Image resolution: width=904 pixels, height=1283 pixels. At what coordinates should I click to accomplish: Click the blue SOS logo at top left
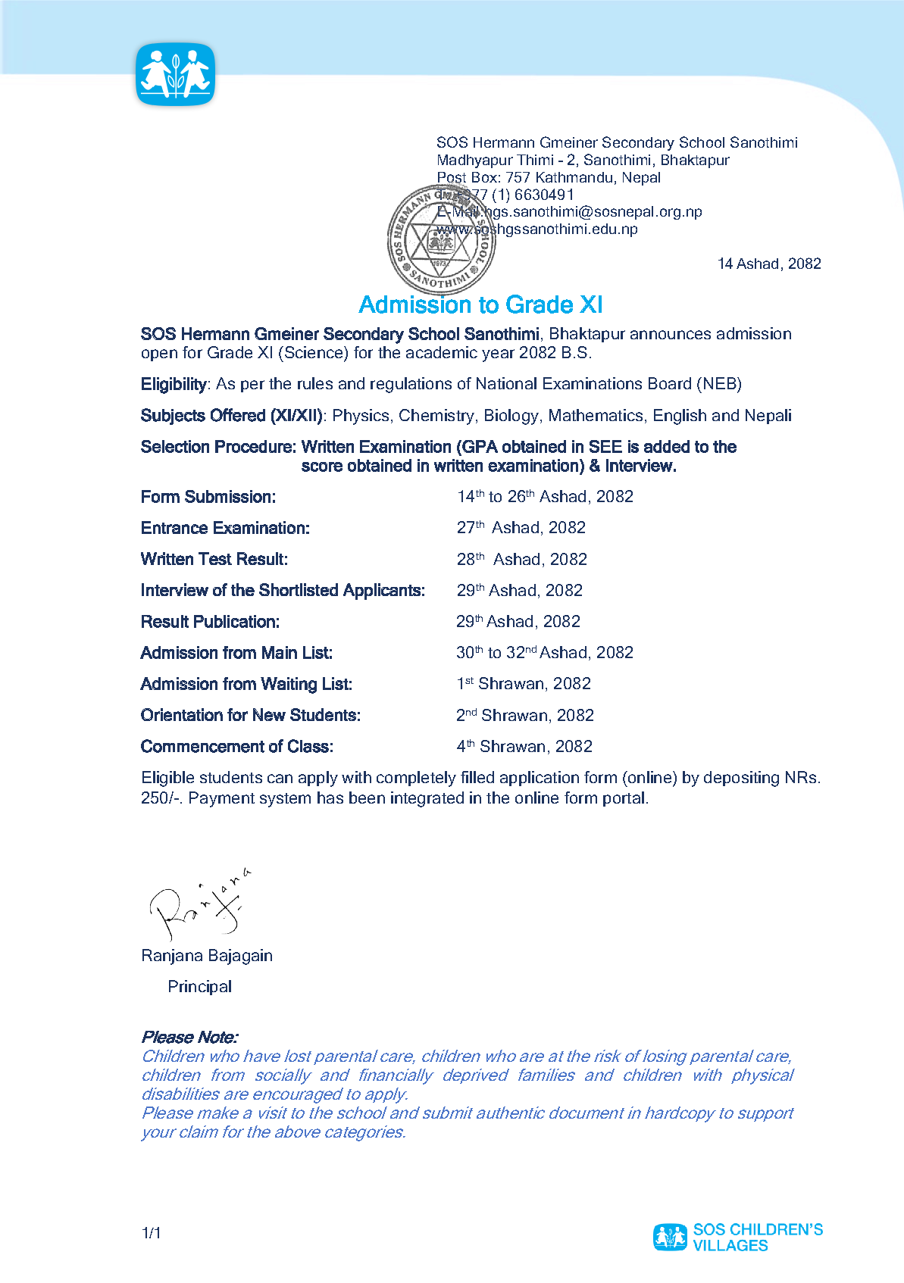pyautogui.click(x=175, y=74)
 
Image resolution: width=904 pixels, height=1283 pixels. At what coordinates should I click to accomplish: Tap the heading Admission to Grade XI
pyautogui.click(x=480, y=304)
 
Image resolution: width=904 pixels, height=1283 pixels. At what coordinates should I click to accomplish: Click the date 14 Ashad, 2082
pyautogui.click(x=768, y=264)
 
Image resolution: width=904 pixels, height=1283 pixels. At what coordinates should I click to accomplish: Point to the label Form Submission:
pyautogui.click(x=208, y=497)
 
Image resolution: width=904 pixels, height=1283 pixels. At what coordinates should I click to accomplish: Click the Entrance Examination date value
pyautogui.click(x=521, y=528)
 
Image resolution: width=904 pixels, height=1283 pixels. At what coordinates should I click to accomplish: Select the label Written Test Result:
pyautogui.click(x=214, y=560)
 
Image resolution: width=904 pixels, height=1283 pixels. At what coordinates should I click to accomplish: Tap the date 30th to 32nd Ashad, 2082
pyautogui.click(x=544, y=653)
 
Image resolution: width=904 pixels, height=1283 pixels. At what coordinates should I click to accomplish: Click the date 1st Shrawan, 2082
pyautogui.click(x=523, y=684)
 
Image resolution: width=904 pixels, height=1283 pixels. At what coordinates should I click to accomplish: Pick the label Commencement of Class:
pyautogui.click(x=236, y=747)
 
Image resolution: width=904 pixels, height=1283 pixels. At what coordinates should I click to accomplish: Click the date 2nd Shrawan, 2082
pyautogui.click(x=524, y=716)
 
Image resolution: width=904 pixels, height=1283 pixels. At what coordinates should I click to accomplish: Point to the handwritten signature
pyautogui.click(x=199, y=903)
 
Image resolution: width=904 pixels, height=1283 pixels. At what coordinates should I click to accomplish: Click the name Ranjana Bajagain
pyautogui.click(x=207, y=956)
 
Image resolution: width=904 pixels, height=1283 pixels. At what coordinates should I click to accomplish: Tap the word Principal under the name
pyautogui.click(x=199, y=987)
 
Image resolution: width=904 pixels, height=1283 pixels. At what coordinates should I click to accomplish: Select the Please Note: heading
pyautogui.click(x=189, y=1037)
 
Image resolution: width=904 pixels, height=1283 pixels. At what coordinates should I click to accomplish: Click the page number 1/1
pyautogui.click(x=151, y=1234)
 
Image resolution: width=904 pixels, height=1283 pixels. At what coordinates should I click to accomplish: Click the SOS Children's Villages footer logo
pyautogui.click(x=737, y=1238)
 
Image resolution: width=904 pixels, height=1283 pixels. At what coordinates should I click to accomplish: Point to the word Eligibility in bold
pyautogui.click(x=174, y=385)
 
